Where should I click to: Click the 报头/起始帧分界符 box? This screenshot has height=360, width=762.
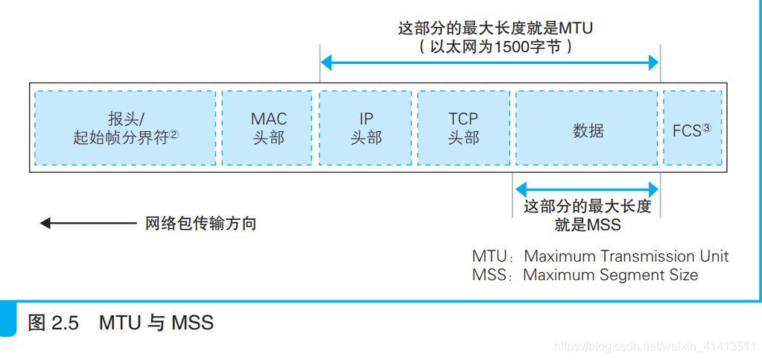(125, 128)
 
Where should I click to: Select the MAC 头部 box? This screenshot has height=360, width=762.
(267, 128)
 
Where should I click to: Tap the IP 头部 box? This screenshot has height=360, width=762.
(366, 128)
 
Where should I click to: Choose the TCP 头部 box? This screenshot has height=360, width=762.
(463, 128)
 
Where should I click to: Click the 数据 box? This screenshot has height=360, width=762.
(588, 128)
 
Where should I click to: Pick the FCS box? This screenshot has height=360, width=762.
(692, 128)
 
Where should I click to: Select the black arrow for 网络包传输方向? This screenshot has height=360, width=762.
(88, 223)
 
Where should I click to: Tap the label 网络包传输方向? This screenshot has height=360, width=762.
(200, 223)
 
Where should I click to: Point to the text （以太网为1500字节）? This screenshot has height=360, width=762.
(495, 46)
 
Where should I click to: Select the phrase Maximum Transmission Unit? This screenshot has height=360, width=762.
(626, 256)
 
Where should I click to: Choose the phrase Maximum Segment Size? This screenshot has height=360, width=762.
(611, 274)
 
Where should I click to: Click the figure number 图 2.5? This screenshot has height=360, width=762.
(53, 323)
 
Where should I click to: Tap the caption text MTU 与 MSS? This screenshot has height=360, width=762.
(156, 323)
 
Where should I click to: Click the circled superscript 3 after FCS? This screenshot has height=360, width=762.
(706, 127)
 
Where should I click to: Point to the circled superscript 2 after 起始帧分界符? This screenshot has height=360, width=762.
(174, 135)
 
